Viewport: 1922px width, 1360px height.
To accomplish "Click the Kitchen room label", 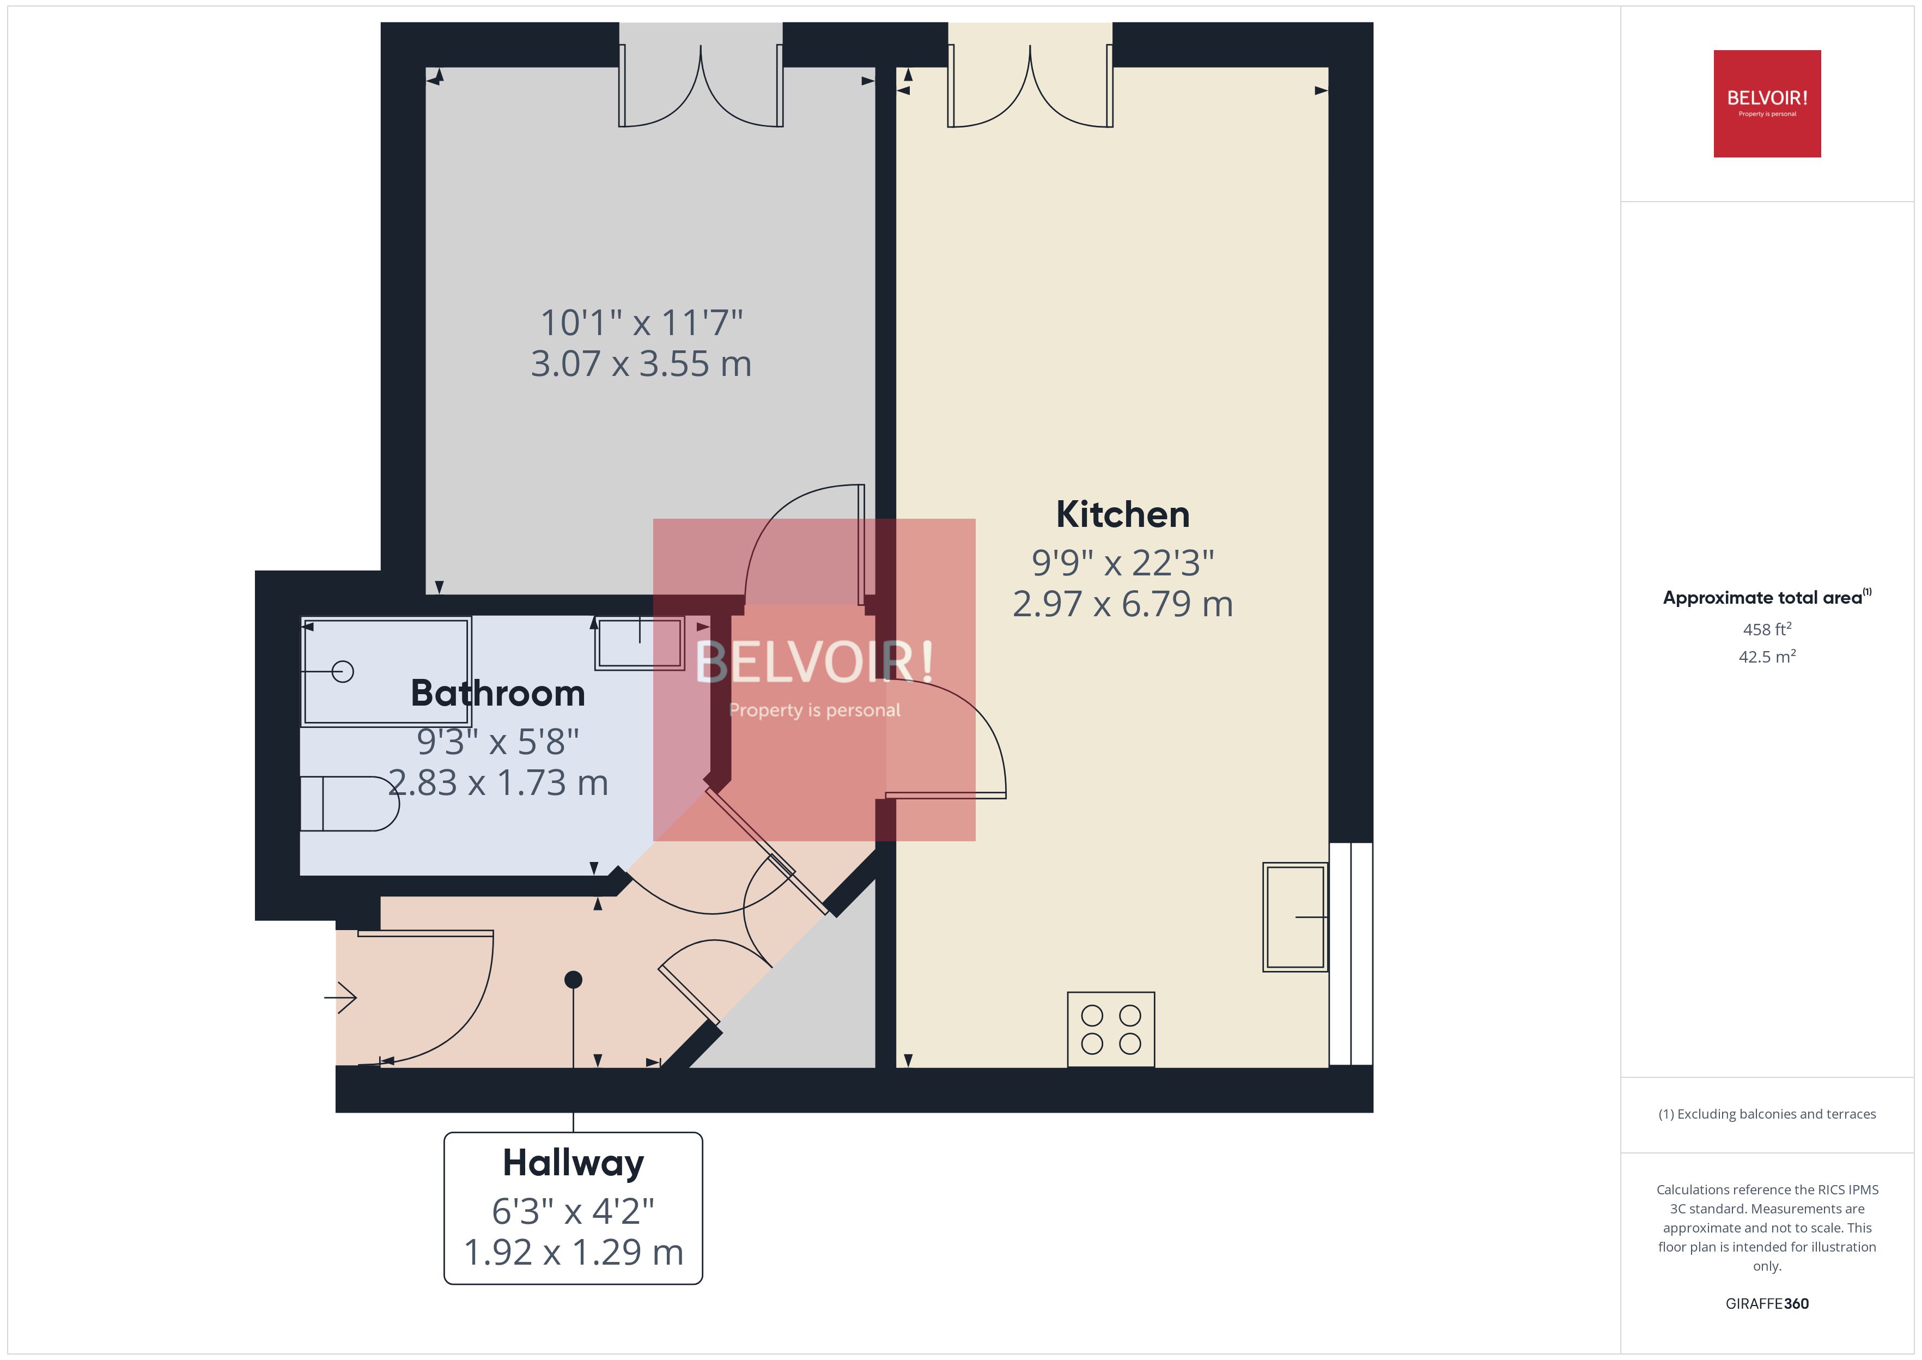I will (1122, 514).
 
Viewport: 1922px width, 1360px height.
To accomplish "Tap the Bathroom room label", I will (497, 694).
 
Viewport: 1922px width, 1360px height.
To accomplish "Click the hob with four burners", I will (1110, 1029).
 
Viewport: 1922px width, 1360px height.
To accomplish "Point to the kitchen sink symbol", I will (1294, 917).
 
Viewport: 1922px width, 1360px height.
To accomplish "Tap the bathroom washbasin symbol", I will (640, 643).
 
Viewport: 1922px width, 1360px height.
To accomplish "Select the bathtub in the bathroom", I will (386, 672).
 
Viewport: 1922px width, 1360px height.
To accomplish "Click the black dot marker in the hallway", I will (574, 980).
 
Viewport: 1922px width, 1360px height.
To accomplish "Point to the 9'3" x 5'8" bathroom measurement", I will (497, 742).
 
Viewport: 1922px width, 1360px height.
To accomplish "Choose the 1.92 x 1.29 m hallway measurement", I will (573, 1253).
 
